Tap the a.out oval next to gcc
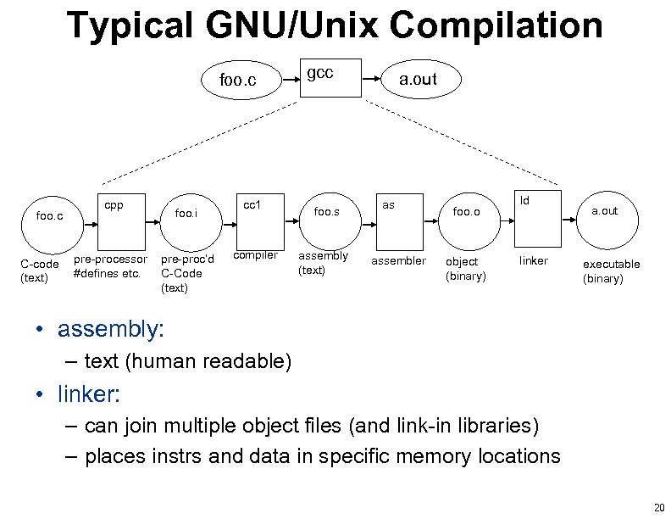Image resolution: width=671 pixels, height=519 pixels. (418, 80)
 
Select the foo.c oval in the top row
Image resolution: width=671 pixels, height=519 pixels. (237, 81)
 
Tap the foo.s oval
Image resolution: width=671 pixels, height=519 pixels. (326, 212)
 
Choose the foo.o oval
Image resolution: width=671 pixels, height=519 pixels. (466, 212)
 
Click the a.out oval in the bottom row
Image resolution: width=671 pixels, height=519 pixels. (604, 211)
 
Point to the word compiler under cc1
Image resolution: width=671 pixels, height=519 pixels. (255, 255)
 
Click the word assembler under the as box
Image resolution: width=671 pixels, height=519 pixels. (398, 261)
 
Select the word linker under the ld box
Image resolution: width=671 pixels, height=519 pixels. (534, 260)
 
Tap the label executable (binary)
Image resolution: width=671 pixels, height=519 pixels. (611, 271)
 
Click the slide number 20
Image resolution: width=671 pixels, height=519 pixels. (658, 507)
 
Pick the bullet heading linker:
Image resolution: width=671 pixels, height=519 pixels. (90, 394)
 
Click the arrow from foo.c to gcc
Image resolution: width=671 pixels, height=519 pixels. (290, 79)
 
